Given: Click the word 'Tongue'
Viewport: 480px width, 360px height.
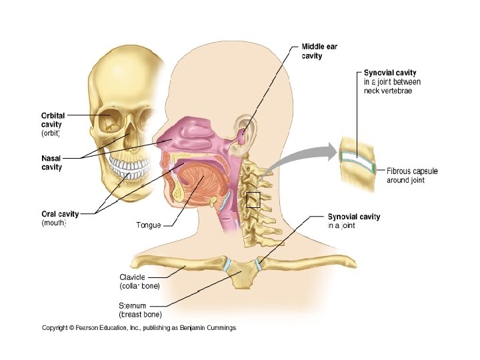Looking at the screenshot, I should click(149, 225).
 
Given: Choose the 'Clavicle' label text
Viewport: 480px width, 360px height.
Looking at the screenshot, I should click(132, 277).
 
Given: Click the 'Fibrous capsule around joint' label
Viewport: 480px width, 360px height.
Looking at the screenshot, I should click(412, 175).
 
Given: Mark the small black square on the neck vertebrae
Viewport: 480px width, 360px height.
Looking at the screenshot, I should click(253, 199).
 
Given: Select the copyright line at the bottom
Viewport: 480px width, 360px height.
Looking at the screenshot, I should click(139, 327).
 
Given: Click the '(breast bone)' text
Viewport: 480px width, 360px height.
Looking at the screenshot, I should click(140, 314).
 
